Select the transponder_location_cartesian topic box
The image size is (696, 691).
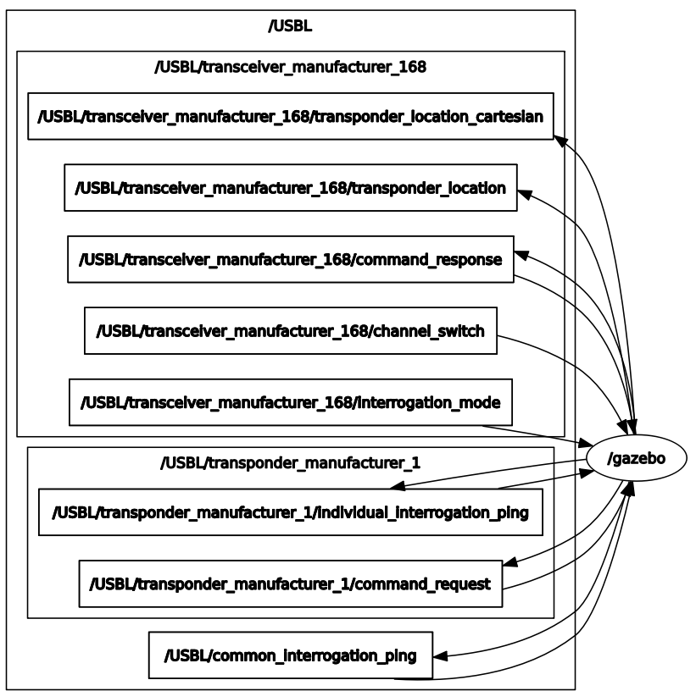click(291, 115)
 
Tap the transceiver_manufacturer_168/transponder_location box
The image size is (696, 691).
click(291, 187)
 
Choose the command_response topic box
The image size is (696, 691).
click(291, 259)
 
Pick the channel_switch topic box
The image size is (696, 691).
click(290, 330)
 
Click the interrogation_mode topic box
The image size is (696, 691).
click(291, 402)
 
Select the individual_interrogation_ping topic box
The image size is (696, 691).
click(291, 512)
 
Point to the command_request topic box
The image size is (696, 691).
click(291, 583)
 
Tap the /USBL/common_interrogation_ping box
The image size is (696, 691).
click(291, 655)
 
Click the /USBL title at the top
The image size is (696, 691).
click(291, 25)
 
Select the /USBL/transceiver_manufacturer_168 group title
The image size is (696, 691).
click(291, 67)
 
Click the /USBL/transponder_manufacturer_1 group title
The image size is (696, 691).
click(291, 462)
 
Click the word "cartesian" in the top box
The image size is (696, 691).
click(512, 115)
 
